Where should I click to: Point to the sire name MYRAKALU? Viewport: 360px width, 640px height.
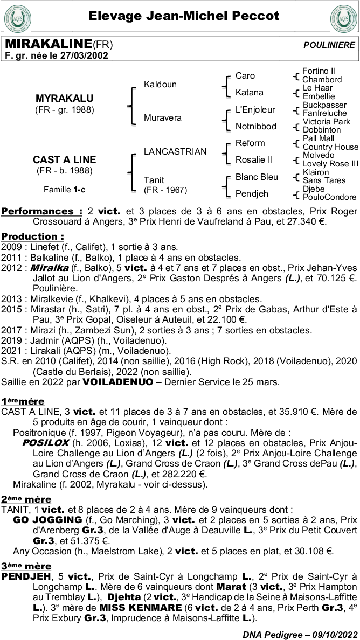click(64, 99)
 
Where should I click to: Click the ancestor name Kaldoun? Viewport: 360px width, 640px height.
click(160, 85)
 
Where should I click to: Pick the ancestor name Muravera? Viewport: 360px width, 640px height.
click(163, 117)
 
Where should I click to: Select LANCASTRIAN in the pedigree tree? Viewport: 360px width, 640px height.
click(175, 152)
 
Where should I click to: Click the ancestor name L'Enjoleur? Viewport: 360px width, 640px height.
click(255, 109)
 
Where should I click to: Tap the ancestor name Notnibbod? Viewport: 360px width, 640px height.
click(256, 126)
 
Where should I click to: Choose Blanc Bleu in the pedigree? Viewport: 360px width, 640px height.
click(257, 177)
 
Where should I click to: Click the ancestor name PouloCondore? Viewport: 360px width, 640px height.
click(329, 197)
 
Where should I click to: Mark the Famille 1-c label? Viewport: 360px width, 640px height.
click(64, 189)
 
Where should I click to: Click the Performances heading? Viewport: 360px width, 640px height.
click(41, 211)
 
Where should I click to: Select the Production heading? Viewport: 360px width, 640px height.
click(32, 236)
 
